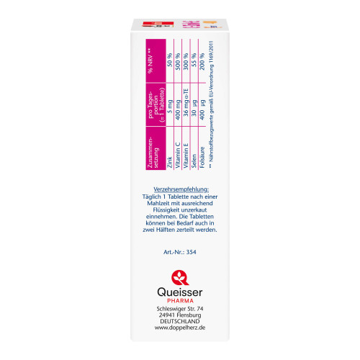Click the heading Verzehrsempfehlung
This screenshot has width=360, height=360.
180,189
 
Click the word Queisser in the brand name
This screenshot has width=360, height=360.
180,294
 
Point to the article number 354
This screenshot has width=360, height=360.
180,253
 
